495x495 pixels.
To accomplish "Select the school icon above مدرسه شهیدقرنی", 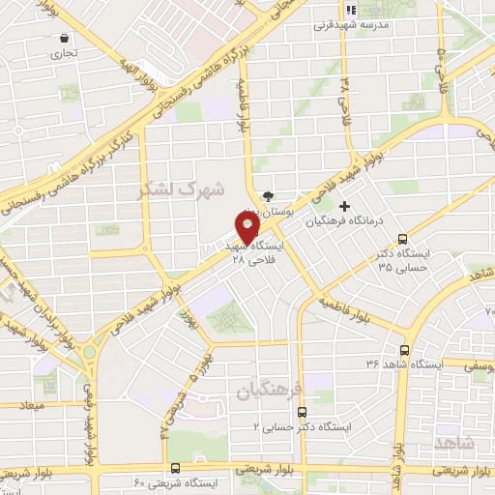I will (x=353, y=11).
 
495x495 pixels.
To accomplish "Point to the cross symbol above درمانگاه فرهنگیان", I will (x=345, y=205).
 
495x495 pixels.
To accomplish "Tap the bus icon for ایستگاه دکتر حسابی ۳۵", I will (x=403, y=240).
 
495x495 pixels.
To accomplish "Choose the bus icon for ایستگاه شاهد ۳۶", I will (x=404, y=350).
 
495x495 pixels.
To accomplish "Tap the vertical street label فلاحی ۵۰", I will (x=445, y=73).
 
